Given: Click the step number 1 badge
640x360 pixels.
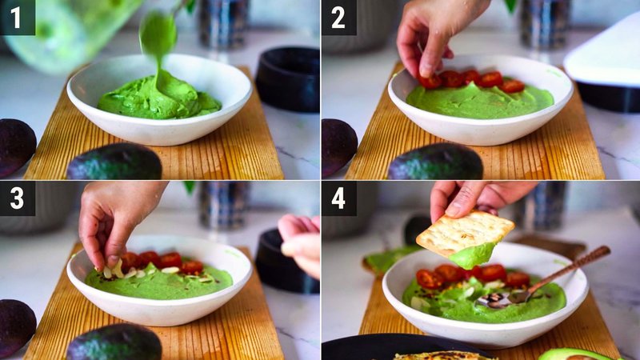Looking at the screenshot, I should (17, 17).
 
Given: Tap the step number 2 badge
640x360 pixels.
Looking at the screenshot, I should (338, 17).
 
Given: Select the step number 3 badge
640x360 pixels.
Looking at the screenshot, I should (17, 198).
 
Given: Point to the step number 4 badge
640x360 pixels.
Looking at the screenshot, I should (338, 198).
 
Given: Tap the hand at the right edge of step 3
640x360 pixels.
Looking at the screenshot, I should (302, 240).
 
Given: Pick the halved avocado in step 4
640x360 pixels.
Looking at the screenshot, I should (576, 354).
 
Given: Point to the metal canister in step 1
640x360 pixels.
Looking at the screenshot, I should (223, 24).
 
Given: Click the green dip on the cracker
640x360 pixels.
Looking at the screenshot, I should (472, 255).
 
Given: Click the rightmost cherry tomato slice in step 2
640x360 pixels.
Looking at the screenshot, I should (513, 85).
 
